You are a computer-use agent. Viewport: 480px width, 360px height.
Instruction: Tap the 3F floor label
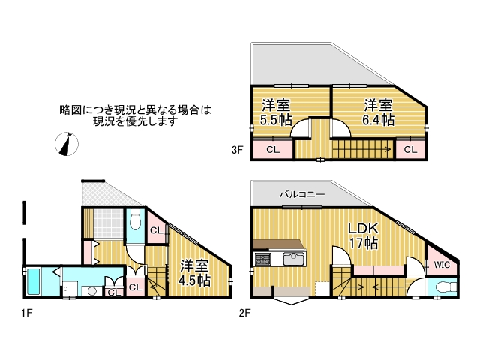tap(238, 150)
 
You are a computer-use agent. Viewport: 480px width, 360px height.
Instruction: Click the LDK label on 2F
tap(364, 229)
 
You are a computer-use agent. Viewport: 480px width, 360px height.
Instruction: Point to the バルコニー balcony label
tap(302, 194)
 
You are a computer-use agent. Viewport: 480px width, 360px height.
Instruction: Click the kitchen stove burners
tap(263, 259)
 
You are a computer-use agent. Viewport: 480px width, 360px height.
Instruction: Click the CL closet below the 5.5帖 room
tap(273, 150)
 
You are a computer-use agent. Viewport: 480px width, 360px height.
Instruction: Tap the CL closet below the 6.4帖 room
tap(409, 150)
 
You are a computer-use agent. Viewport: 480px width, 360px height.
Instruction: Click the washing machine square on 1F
tap(68, 286)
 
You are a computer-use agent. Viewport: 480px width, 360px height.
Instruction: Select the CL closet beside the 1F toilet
tap(156, 230)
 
